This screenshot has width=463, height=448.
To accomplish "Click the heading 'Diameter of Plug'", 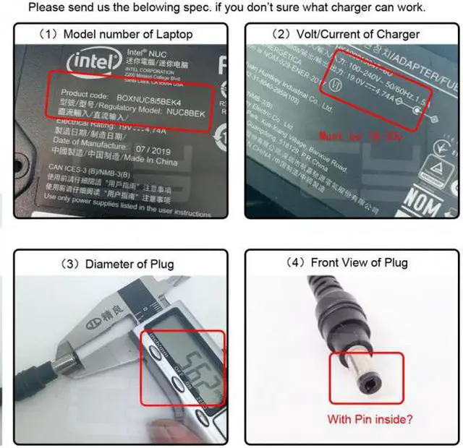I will pyautogui.click(x=119, y=264).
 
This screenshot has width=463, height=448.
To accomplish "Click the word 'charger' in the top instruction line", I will pyautogui.click(x=340, y=8).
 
